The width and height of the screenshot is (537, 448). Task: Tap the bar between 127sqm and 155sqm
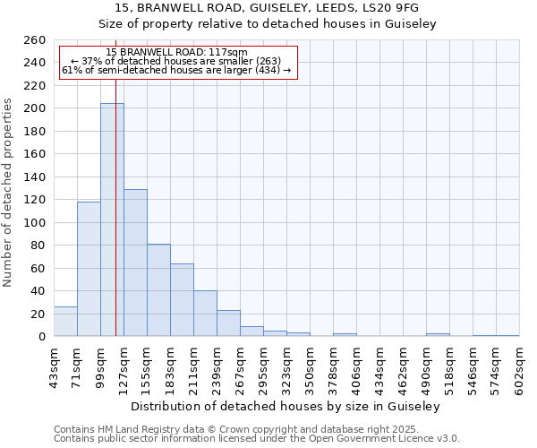pyautogui.click(x=135, y=263)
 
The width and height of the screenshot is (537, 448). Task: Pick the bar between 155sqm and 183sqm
pyautogui.click(x=158, y=290)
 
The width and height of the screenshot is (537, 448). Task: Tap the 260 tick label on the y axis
pyautogui.click(x=34, y=40)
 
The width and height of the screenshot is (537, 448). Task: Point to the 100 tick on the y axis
pyautogui.click(x=34, y=222)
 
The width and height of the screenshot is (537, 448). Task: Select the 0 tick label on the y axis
pyautogui.click(x=41, y=337)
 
